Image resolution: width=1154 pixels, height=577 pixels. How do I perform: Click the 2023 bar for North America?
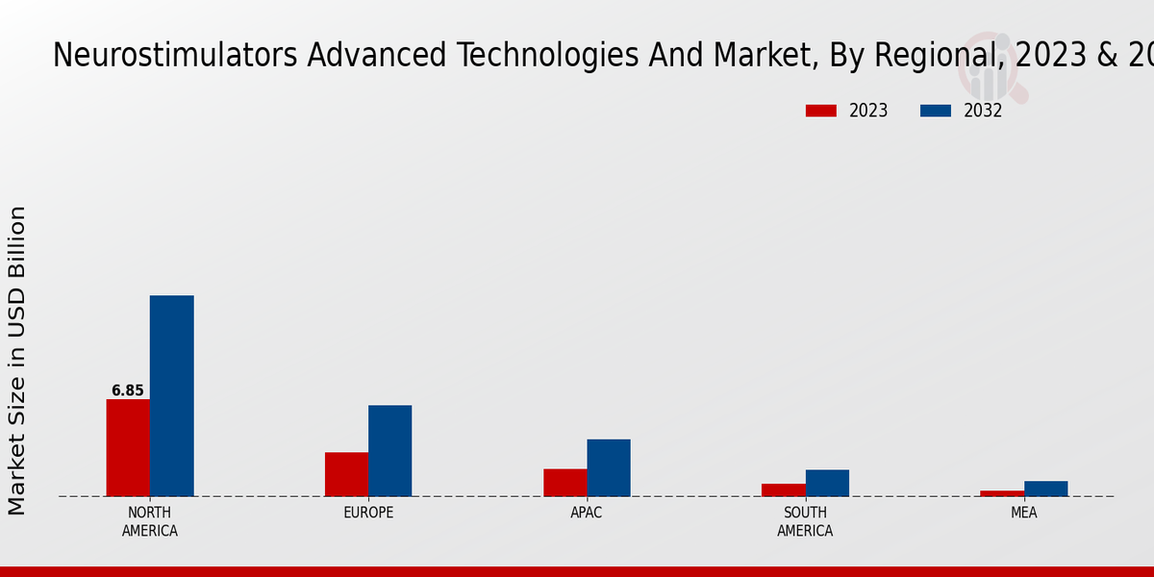point(128,447)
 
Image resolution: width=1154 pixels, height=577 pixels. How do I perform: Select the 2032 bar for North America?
point(171,395)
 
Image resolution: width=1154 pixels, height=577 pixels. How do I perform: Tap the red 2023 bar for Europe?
point(346,474)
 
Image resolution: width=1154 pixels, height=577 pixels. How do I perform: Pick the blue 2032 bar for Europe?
point(389,450)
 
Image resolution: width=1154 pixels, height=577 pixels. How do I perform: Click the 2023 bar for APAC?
point(564,482)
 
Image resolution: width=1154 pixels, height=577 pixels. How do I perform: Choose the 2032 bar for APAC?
point(609,467)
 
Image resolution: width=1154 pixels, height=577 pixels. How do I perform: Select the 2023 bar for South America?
point(783,489)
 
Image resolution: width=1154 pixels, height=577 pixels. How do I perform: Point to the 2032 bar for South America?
point(827,483)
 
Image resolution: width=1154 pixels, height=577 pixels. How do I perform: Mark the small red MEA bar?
point(1002,493)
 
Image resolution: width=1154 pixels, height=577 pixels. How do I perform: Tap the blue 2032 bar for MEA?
point(1045,489)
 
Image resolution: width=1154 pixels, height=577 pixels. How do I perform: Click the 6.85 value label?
point(127,390)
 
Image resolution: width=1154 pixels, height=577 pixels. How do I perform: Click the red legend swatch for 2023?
point(820,111)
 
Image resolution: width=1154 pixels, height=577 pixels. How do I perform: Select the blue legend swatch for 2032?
point(935,111)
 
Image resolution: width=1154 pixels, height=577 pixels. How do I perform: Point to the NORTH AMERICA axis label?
point(149,521)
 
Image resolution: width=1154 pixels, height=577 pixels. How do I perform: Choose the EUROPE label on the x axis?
point(368,513)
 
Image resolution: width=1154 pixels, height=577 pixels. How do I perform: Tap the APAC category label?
point(586,513)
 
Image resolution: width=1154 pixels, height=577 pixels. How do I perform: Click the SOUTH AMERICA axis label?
point(805,521)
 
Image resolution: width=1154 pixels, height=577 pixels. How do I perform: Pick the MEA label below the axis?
point(1023,513)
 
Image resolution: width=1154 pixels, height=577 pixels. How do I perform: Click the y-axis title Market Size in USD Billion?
point(17,361)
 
